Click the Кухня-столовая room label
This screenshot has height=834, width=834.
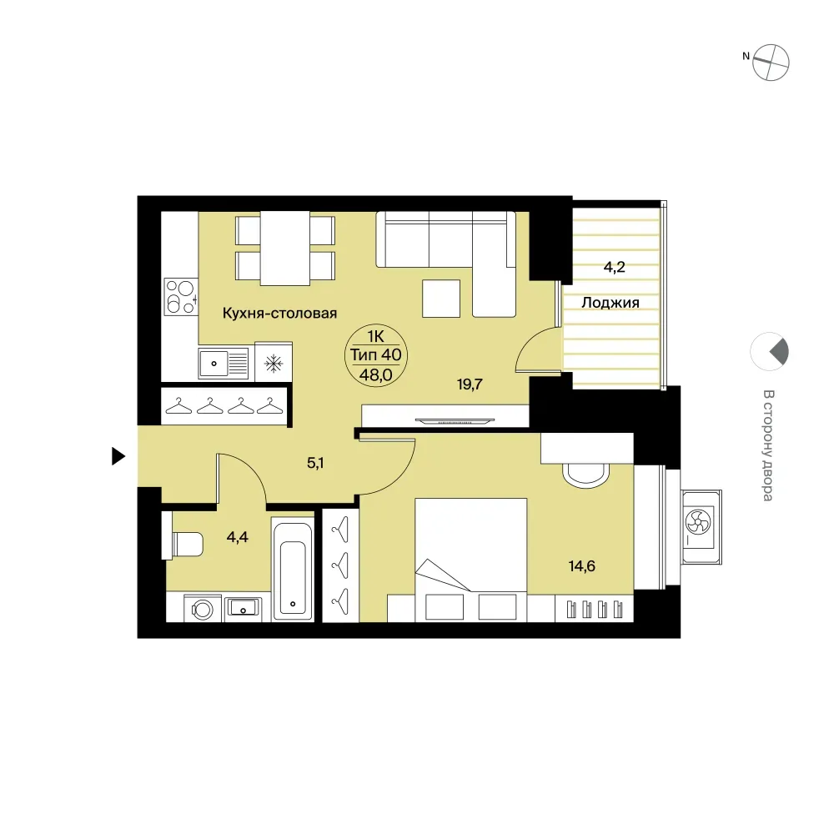[279, 314]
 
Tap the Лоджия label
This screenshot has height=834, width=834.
[610, 304]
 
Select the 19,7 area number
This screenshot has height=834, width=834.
[470, 384]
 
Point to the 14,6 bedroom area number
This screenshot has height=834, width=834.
[582, 566]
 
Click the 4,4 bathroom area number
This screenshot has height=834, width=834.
[237, 537]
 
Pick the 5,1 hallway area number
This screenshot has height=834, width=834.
[315, 463]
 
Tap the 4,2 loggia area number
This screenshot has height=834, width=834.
[615, 267]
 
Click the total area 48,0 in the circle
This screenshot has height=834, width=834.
[376, 375]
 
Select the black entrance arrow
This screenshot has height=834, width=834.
[118, 456]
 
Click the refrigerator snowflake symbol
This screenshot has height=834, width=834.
[274, 364]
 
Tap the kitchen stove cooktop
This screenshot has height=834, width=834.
[181, 297]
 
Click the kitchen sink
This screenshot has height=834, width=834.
[224, 364]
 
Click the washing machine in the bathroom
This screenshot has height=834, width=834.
[202, 609]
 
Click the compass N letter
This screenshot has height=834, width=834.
[746, 56]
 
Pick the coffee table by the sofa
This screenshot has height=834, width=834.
[441, 299]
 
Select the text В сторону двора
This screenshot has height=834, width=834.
[768, 445]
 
